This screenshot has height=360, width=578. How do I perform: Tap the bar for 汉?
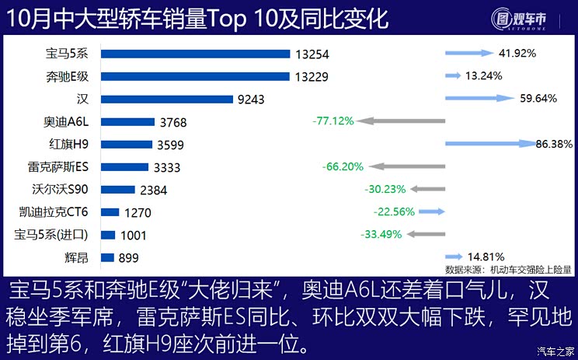click(x=167, y=99)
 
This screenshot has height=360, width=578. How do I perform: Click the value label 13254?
click(x=312, y=54)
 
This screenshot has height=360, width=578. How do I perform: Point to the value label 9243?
click(x=252, y=99)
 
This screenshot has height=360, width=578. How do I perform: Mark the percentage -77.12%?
click(x=333, y=121)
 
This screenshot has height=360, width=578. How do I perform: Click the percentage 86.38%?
click(x=555, y=144)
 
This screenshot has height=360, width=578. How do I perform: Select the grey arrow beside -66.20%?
click(x=408, y=166)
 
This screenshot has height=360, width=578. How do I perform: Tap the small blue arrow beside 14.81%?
click(x=453, y=256)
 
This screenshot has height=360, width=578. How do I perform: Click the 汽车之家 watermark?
click(x=555, y=352)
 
